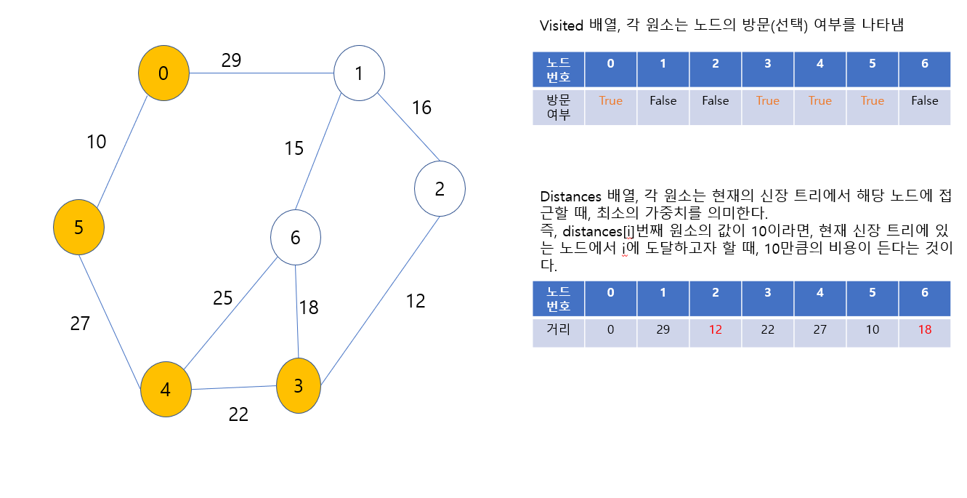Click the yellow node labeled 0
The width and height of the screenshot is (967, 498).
(163, 73)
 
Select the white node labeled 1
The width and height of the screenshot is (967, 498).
(359, 73)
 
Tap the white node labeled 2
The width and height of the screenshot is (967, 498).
(440, 189)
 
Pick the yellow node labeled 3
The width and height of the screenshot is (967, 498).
(298, 386)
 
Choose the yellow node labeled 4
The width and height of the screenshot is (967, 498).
(166, 390)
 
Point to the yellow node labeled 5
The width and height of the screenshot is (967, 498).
(78, 228)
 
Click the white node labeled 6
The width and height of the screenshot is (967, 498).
(295, 238)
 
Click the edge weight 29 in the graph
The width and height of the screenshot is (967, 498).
(231, 61)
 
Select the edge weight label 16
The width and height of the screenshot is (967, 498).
(421, 108)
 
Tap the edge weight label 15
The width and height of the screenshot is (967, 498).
(294, 149)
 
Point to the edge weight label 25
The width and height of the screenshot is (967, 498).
(223, 298)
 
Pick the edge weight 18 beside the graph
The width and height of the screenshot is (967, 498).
(309, 308)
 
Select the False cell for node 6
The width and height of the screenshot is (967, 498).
(924, 101)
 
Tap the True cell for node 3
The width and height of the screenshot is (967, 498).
(767, 101)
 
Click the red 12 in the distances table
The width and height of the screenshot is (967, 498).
(715, 330)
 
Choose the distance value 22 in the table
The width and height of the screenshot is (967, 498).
(767, 330)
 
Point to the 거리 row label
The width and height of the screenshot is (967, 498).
(558, 330)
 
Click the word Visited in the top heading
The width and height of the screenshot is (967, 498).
(562, 25)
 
